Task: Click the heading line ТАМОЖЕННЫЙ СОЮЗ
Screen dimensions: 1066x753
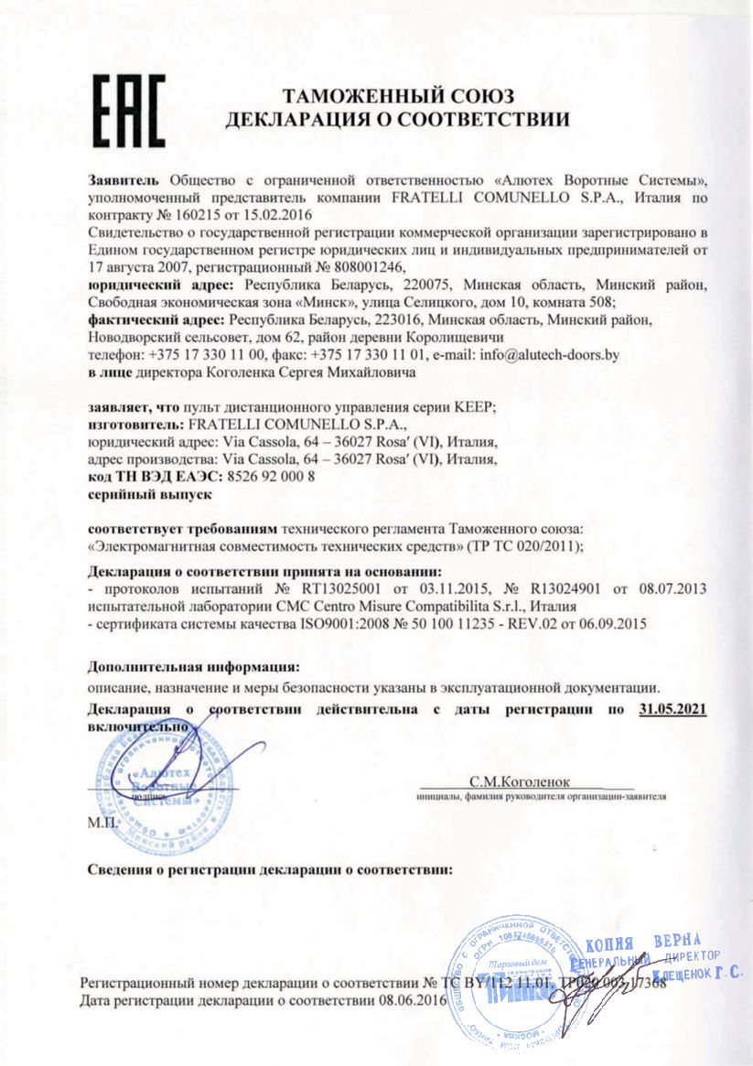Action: (x=399, y=97)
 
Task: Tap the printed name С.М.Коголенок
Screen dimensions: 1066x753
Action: (x=518, y=782)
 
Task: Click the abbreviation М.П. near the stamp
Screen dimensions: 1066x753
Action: (x=100, y=823)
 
